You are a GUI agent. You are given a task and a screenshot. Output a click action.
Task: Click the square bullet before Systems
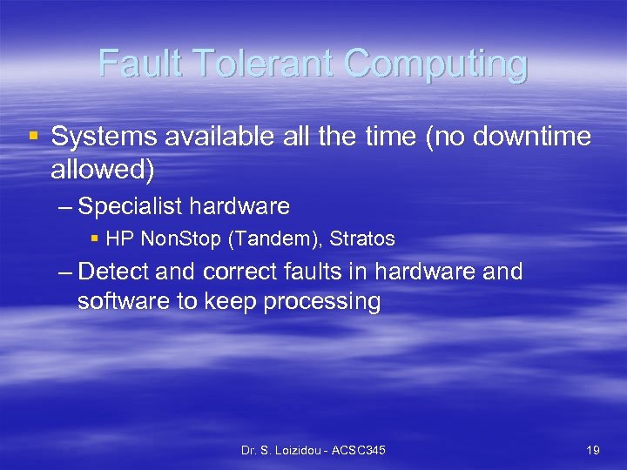point(33,137)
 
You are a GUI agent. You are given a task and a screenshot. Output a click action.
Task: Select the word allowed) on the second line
point(103,170)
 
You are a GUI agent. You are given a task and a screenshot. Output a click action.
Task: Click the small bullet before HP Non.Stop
point(95,238)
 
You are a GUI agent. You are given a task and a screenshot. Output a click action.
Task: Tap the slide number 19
point(593,450)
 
